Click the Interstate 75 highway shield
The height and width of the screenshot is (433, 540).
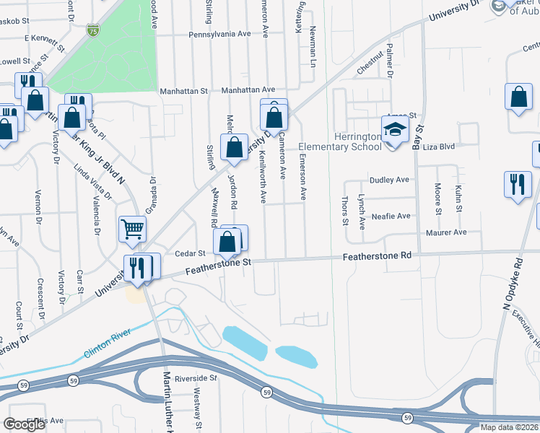[x=92, y=30]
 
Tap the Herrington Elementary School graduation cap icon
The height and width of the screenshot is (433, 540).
[x=395, y=131]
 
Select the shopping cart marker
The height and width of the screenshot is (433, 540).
[x=133, y=230]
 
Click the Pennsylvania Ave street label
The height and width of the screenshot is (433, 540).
[x=219, y=34]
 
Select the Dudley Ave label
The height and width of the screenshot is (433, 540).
[x=389, y=180]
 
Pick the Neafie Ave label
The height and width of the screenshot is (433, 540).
[x=391, y=216]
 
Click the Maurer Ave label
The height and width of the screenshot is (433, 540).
[x=446, y=232]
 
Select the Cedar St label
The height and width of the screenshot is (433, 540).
[x=191, y=253]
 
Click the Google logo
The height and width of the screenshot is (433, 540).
[x=25, y=424]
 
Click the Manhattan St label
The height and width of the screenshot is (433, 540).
[x=185, y=92]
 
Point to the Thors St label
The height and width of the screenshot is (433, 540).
[x=344, y=209]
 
